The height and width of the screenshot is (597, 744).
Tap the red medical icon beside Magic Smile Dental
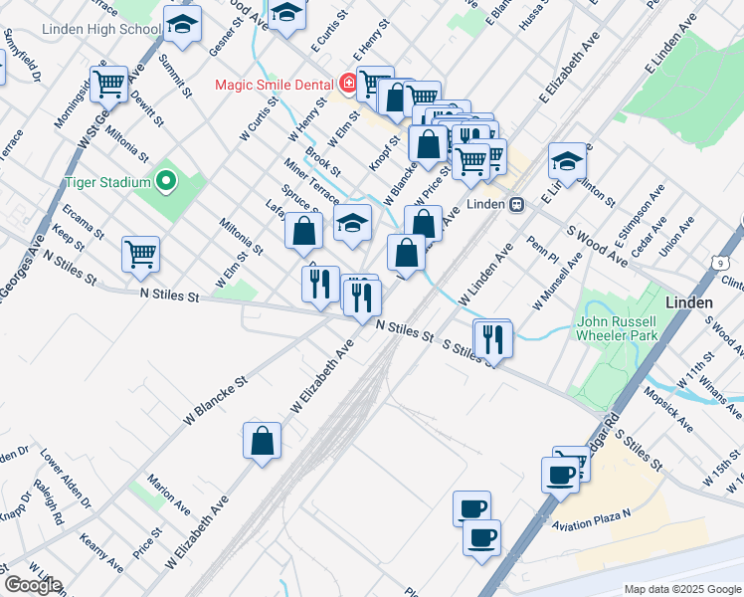pos(348,84)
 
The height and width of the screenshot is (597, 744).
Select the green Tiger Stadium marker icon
pos(165,182)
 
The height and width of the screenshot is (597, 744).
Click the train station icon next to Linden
pos(516,205)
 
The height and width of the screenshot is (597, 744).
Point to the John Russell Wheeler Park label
pos(616,329)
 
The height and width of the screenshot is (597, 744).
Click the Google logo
pos(32,585)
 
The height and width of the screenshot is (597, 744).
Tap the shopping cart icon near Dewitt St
pos(107,83)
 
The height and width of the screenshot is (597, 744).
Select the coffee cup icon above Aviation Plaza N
pos(560,473)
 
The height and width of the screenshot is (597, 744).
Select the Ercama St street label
pos(83,222)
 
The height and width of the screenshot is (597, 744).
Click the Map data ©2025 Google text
pos(681,589)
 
